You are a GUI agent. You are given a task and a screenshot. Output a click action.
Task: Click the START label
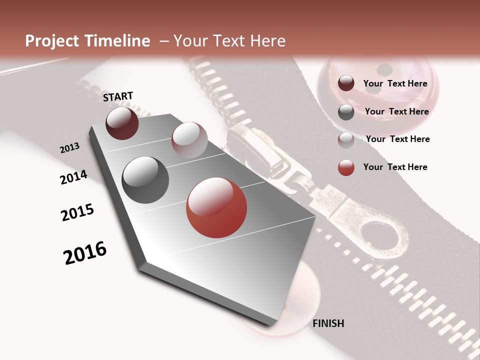coord(118,96)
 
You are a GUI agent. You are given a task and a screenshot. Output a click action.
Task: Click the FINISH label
coord(328,323)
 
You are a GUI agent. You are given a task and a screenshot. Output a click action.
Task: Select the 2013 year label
coord(69,148)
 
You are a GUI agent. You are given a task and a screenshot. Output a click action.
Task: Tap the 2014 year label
coord(73,177)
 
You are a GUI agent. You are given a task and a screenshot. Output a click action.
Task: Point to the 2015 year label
coord(77,212)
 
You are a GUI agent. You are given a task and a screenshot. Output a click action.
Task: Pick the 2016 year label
coord(85,253)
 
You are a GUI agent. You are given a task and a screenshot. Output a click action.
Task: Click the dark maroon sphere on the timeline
coord(122,123)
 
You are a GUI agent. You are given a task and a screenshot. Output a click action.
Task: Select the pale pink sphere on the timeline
coord(189,140)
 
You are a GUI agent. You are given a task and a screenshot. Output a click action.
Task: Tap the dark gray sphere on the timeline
coord(145,180)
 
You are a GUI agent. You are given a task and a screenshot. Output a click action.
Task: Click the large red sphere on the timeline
coord(216,208)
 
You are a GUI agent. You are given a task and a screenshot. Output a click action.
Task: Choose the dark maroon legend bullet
coord(346,83)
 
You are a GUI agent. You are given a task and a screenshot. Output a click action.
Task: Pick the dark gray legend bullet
coord(346,112)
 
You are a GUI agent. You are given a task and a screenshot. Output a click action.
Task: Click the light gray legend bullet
coord(346,140)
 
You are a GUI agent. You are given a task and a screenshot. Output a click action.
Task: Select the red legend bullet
coord(346,167)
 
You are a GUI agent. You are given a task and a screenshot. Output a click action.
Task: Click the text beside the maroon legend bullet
coord(395,84)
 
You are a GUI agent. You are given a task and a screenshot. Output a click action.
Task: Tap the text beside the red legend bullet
coord(395,167)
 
